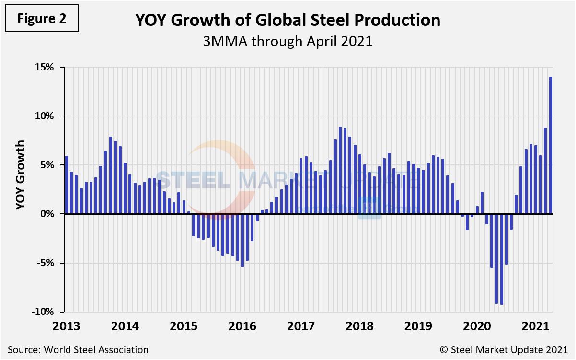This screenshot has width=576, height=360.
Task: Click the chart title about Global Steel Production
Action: point(288,20)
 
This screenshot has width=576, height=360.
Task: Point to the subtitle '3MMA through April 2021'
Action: point(288,41)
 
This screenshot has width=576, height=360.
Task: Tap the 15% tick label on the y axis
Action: point(44,67)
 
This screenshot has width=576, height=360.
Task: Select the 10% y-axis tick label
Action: point(44,116)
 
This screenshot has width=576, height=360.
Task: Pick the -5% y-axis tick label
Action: point(45,263)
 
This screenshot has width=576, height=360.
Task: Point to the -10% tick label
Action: point(43,312)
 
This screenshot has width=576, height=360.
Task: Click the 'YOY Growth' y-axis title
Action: point(20,175)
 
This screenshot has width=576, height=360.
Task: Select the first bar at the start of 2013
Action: point(67,185)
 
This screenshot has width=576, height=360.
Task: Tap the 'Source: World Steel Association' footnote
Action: point(78,349)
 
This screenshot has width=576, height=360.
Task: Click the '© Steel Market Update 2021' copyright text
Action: point(511,349)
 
